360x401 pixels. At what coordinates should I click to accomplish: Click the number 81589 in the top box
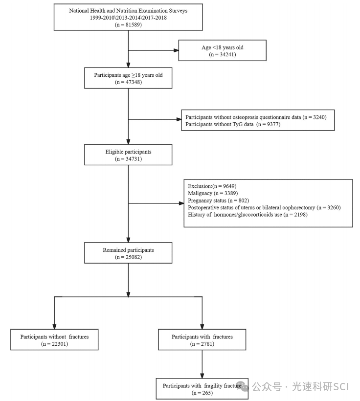tap(134, 25)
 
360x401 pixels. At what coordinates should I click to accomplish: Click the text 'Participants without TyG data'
tap(219, 124)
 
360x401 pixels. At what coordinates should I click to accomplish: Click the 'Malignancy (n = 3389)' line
tap(213, 193)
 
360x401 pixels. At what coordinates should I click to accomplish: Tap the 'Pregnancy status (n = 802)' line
tap(218, 200)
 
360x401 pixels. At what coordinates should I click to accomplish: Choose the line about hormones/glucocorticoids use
tap(247, 215)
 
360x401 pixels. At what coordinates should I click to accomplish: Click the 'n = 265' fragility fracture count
tap(202, 393)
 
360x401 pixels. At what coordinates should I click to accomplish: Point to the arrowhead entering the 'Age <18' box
tap(176, 50)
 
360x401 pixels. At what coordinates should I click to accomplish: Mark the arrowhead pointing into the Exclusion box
tap(181, 203)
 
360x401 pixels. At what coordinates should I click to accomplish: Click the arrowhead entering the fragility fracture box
tap(202, 376)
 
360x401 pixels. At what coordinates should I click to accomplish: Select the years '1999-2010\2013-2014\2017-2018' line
tap(128, 18)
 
